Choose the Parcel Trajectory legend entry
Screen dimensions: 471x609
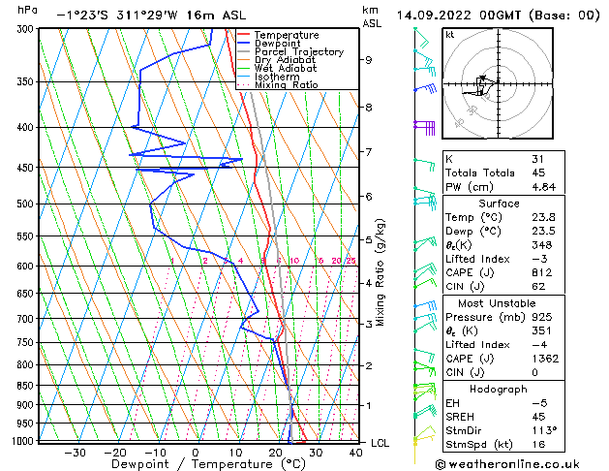click(298, 51)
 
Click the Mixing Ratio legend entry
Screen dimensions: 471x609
click(287, 85)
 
